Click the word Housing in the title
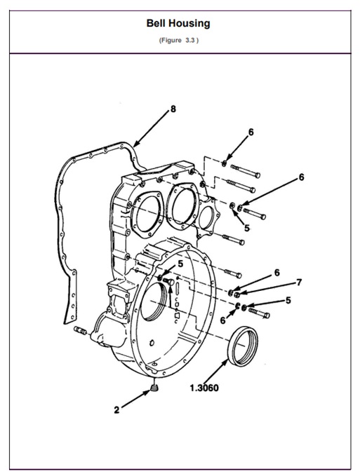pos(192,24)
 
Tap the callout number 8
pos(173,109)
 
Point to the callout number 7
pos(300,283)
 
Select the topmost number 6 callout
pos(251,132)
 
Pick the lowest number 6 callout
pos(223,320)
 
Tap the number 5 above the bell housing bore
pos(180,264)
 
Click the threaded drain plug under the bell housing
pos(155,388)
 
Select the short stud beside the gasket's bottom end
pos(79,329)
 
